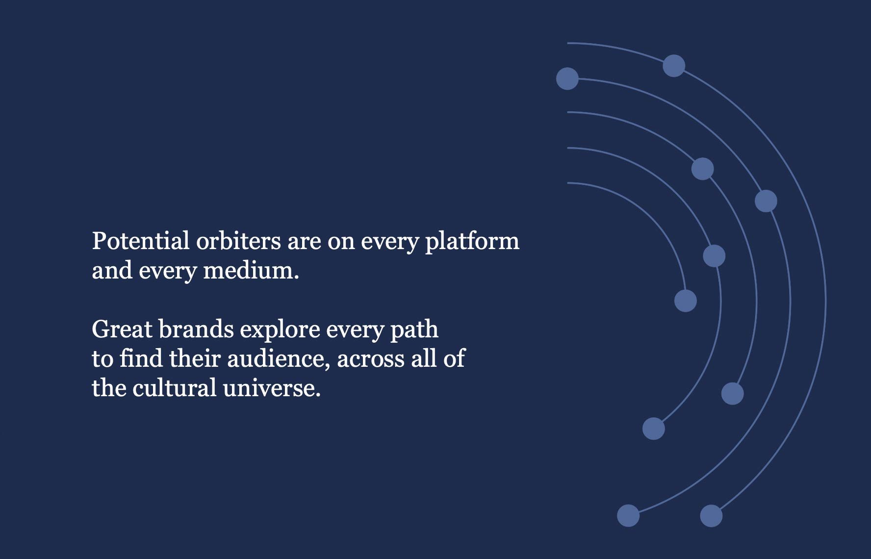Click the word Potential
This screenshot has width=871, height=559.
click(141, 241)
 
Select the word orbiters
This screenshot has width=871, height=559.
click(238, 241)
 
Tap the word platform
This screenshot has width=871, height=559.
click(472, 242)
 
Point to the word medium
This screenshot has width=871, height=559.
click(251, 270)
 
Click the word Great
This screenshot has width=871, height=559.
click(122, 329)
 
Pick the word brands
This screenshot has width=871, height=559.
click(196, 329)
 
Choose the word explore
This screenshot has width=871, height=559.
click(280, 330)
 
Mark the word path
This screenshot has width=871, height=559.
click(414, 330)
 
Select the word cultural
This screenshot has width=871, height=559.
click(175, 388)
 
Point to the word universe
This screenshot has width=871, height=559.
click(272, 388)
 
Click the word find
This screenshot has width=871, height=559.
click(141, 358)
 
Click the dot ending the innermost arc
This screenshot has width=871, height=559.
click(686, 301)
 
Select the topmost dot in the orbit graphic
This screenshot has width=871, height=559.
click(674, 66)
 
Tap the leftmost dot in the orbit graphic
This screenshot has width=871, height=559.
click(567, 78)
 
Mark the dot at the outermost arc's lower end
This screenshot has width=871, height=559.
click(711, 516)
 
